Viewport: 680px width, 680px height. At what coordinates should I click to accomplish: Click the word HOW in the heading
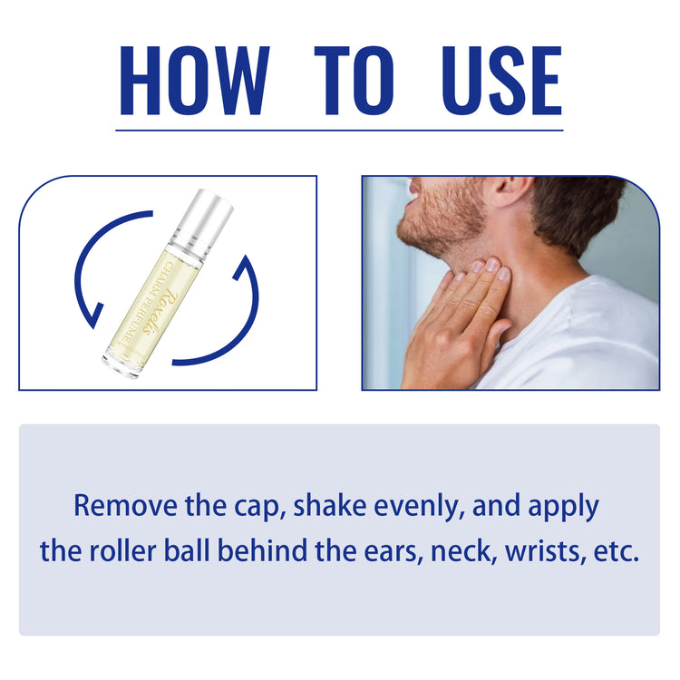tap(194, 81)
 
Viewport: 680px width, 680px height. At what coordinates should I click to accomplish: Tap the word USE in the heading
tap(500, 81)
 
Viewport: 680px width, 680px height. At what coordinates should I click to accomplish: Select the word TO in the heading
tap(355, 81)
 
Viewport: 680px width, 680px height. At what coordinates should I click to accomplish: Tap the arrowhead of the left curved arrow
tap(94, 316)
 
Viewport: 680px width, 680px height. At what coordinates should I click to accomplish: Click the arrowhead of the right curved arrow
tap(244, 267)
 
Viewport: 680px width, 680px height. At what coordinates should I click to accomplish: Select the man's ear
tap(511, 190)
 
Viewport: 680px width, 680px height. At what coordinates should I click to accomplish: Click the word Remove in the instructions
tap(126, 506)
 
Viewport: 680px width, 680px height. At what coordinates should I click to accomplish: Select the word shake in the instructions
tap(330, 506)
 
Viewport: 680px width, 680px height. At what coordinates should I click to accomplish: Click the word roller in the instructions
tap(122, 550)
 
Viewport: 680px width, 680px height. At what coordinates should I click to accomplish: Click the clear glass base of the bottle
tap(121, 363)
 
